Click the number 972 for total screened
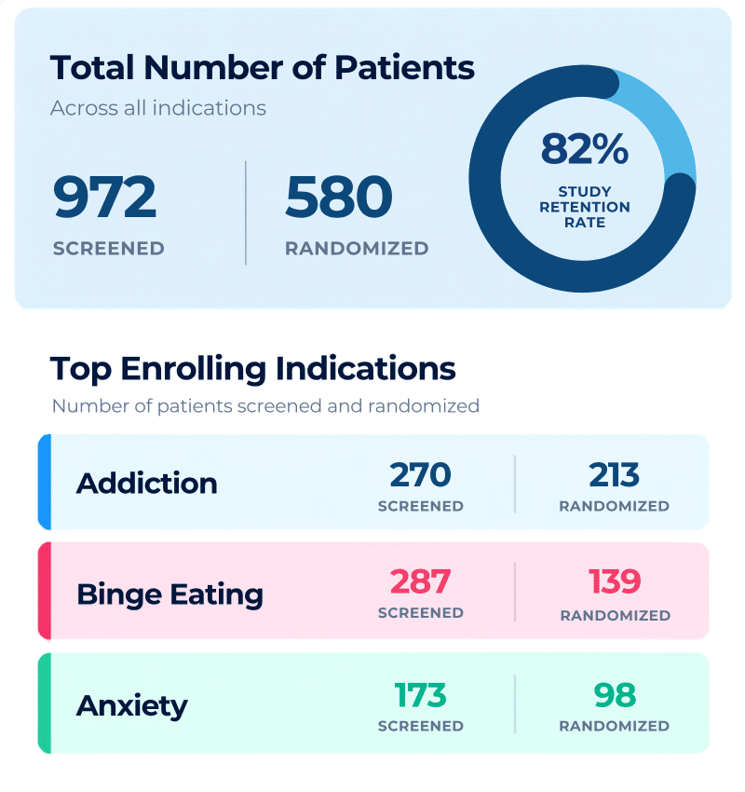click(104, 197)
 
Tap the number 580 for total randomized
click(339, 197)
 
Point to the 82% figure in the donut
click(585, 149)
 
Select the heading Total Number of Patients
click(263, 68)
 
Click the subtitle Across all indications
click(158, 108)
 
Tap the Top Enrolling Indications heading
click(253, 369)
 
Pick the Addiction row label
click(147, 484)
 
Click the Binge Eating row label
click(170, 594)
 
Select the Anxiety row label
click(132, 706)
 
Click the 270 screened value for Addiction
click(420, 475)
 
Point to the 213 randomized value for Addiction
click(615, 475)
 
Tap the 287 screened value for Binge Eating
click(420, 581)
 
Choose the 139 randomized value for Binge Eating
click(615, 581)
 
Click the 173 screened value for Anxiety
click(420, 695)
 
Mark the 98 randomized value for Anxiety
click(615, 695)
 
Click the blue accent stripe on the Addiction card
click(45, 482)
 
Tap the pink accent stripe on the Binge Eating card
click(45, 591)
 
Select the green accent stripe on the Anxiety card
click(45, 703)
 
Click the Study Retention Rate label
click(585, 207)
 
